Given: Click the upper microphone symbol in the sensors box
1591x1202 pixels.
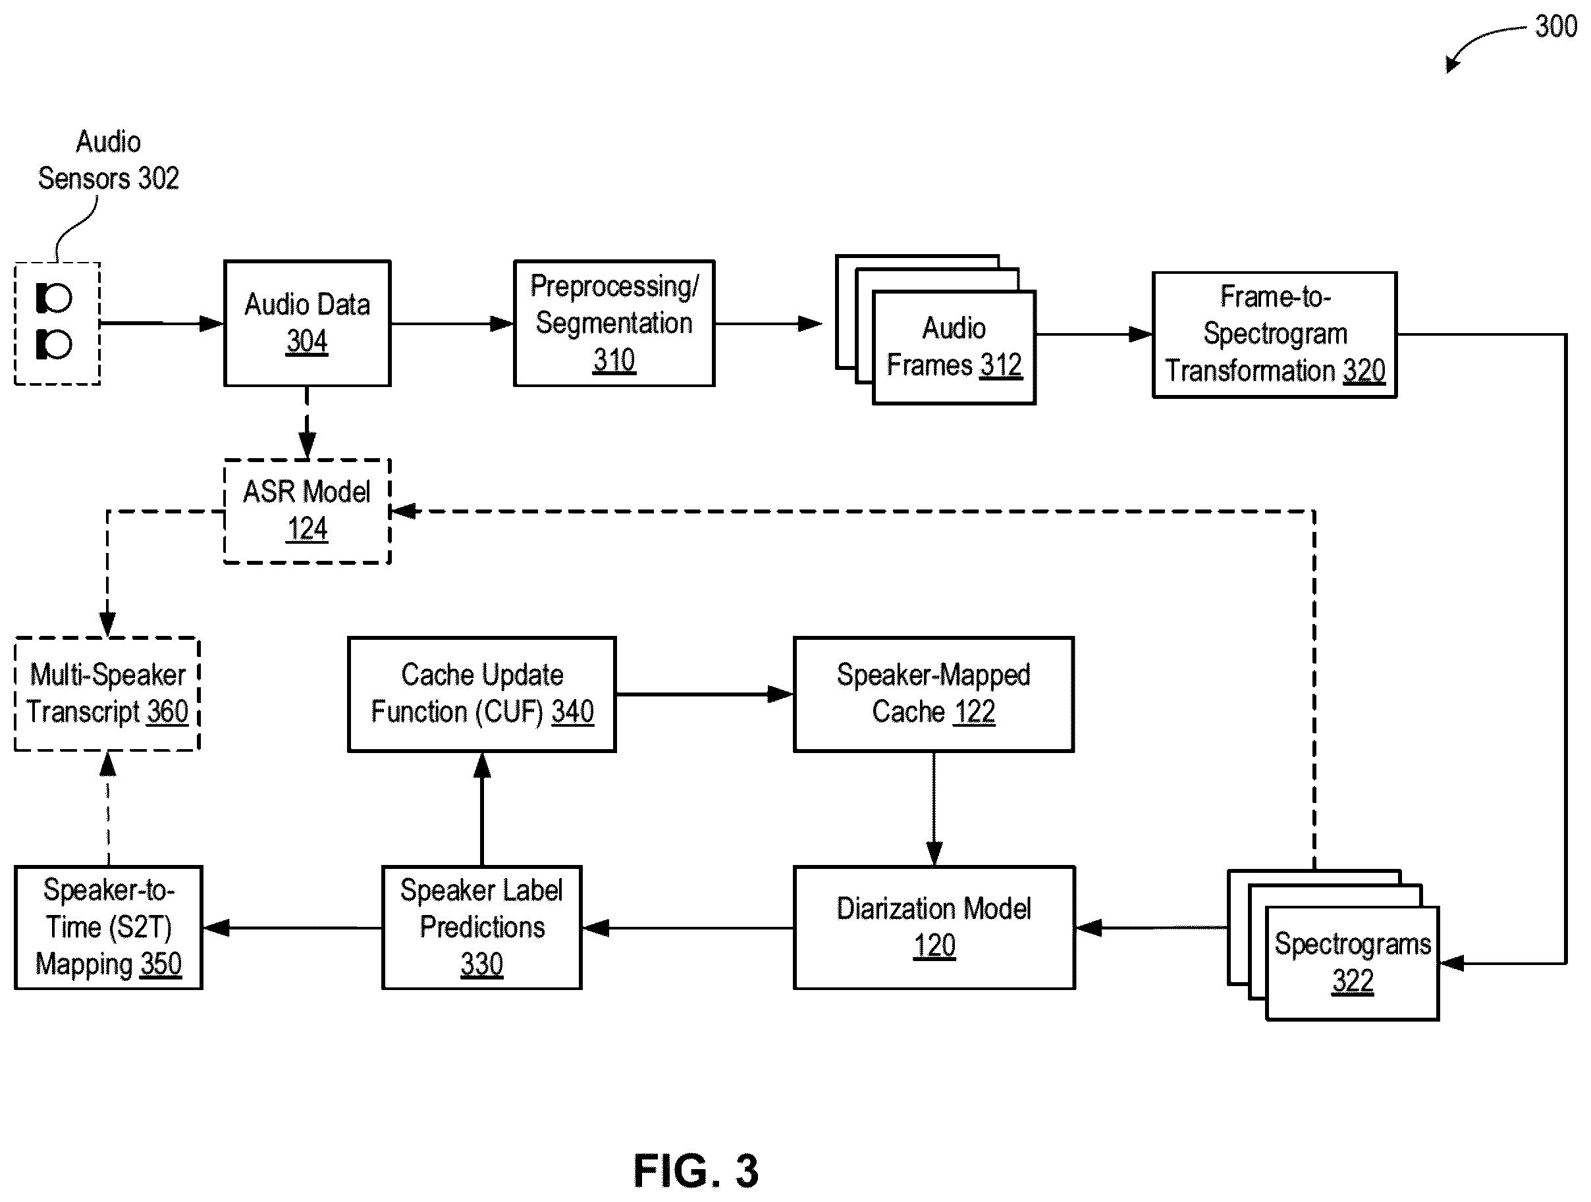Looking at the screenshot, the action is click(54, 298).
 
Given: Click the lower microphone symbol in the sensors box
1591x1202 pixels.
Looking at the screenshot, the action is click(54, 345).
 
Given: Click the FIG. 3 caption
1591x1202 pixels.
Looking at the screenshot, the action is click(695, 1171).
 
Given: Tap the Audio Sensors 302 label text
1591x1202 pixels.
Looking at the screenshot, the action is click(108, 159).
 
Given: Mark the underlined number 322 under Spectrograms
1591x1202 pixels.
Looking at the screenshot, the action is click(1352, 981).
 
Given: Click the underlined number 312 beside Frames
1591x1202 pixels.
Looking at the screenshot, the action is click(1000, 365).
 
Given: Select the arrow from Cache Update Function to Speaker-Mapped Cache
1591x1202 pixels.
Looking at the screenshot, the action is click(705, 694).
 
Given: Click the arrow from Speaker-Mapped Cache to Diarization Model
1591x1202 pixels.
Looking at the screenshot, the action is click(934, 809).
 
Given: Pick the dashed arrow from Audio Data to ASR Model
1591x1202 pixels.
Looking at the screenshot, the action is click(307, 423).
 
